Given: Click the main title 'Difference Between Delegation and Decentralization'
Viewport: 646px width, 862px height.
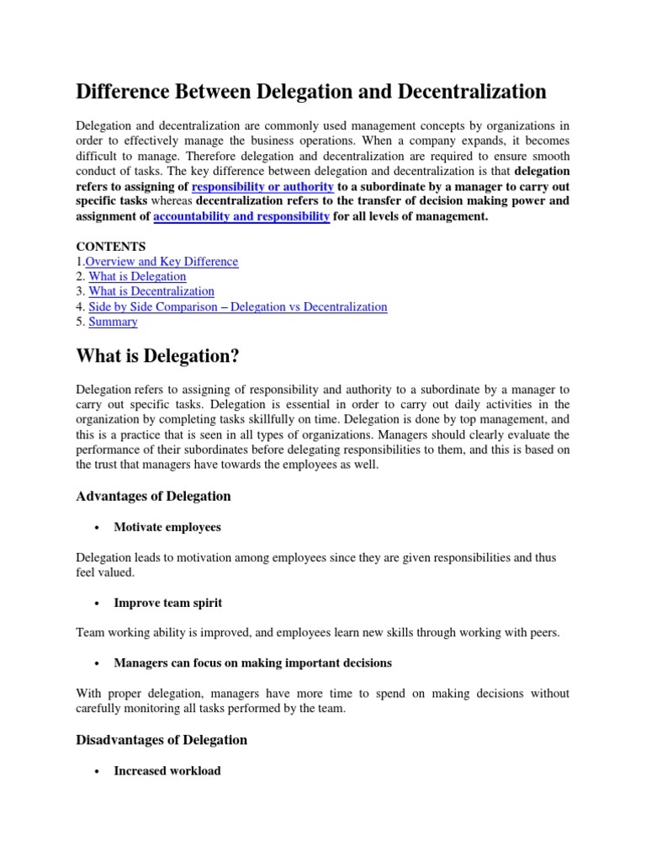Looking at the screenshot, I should tap(311, 91).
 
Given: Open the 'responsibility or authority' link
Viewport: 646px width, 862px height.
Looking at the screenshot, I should tap(262, 186).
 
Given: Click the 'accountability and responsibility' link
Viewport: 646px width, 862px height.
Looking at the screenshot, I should tap(241, 216).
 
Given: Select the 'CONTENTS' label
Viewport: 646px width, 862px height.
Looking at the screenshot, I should tap(111, 247).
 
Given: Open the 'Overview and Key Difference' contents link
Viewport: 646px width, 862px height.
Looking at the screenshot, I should tap(161, 262).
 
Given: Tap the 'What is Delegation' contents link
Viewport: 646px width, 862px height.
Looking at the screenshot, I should tap(137, 277).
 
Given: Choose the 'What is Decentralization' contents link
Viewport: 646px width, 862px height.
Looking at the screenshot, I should tap(151, 292).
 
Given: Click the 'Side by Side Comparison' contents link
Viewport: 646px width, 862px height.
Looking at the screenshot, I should tap(238, 307).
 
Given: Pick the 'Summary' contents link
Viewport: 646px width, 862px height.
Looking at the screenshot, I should tap(113, 322).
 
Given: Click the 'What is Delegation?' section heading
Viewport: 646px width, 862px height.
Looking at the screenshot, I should tap(158, 357).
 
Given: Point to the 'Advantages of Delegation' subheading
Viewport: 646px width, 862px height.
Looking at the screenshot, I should tap(153, 496).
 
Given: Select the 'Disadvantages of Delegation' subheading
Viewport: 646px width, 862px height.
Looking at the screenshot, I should tap(161, 740).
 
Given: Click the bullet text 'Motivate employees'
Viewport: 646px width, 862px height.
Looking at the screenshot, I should tap(167, 527).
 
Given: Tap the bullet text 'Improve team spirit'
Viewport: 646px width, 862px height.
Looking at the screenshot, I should tap(168, 603).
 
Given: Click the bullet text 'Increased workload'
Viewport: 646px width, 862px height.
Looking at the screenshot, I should tap(167, 770).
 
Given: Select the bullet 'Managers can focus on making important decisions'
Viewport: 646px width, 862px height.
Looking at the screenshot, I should tap(252, 663).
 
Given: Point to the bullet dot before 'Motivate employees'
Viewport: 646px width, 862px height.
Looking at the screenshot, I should tap(98, 528).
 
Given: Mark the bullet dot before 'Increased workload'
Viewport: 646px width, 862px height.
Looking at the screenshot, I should tap(98, 771).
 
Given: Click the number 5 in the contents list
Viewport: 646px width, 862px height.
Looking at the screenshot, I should tap(80, 322).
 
